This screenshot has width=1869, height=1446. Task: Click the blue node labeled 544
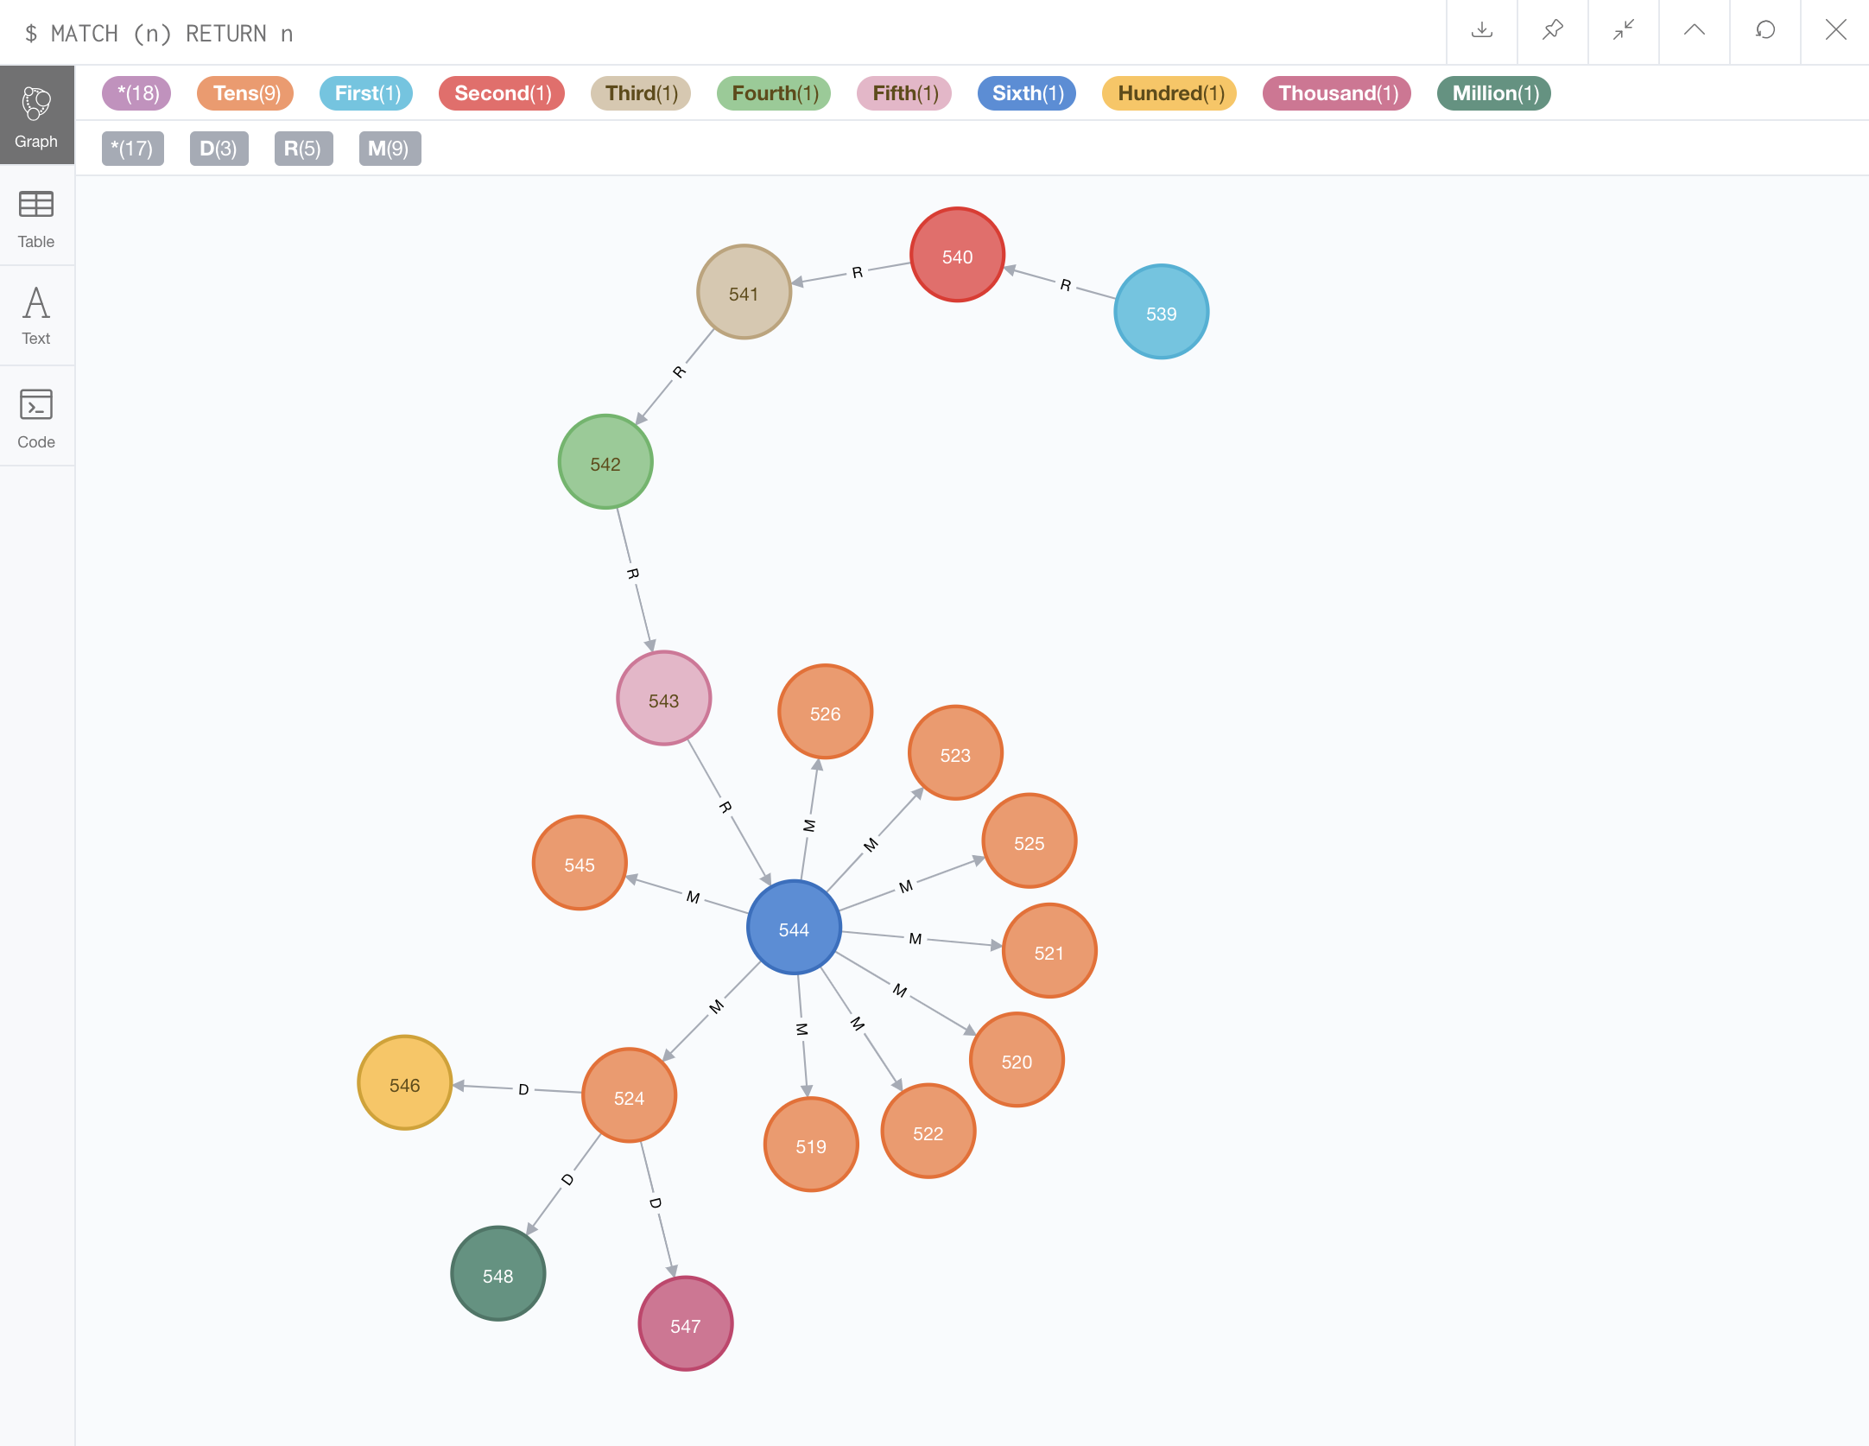pos(794,928)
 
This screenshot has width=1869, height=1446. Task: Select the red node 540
pos(957,256)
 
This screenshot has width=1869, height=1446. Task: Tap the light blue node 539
pos(1161,313)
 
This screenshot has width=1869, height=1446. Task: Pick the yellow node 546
pos(404,1083)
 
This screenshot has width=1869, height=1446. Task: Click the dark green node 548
pos(497,1274)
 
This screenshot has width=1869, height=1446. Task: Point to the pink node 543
pos(663,699)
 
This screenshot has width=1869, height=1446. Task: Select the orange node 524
pos(629,1096)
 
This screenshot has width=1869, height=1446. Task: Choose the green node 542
pos(605,463)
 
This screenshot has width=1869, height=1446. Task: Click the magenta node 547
pos(685,1324)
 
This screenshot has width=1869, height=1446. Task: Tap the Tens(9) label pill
pos(246,93)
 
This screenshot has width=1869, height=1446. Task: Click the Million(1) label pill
pos(1494,93)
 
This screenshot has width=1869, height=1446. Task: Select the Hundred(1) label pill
pos(1169,93)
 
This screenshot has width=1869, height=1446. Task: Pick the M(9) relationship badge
pos(389,149)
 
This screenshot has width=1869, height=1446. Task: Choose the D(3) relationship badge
pos(219,149)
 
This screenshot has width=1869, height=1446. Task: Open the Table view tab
pos(36,218)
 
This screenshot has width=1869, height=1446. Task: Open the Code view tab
pos(36,418)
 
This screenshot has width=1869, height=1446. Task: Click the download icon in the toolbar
pos(1482,31)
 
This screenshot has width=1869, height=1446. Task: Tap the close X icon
pos(1835,31)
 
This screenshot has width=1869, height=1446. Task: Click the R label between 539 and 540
pos(1065,285)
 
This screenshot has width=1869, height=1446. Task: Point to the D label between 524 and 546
pos(523,1089)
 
